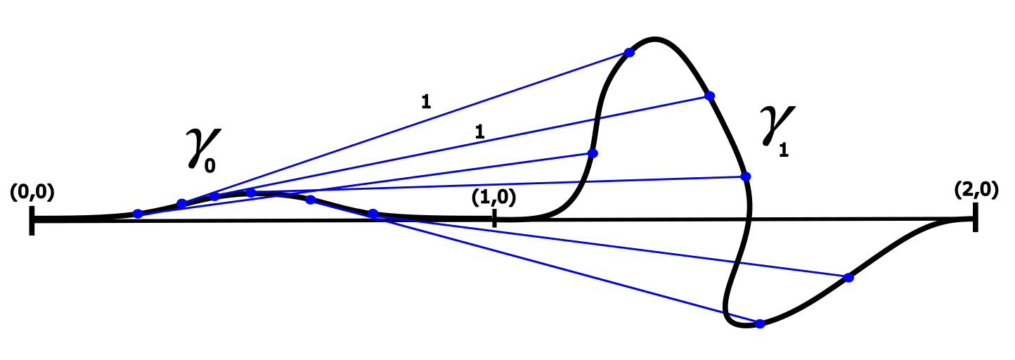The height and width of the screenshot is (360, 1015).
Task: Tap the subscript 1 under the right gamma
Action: click(783, 150)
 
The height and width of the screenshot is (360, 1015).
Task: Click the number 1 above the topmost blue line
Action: click(425, 101)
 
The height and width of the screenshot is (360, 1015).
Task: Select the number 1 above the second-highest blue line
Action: click(479, 131)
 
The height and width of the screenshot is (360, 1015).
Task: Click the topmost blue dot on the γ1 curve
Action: click(629, 53)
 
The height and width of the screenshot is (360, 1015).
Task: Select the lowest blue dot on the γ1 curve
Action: click(759, 323)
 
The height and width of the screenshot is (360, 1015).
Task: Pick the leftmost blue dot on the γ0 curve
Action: click(138, 214)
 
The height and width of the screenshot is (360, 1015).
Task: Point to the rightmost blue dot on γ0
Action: click(373, 213)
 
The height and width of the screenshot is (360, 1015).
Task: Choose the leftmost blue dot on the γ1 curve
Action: click(592, 153)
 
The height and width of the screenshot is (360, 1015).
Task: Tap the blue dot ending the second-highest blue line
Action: click(709, 96)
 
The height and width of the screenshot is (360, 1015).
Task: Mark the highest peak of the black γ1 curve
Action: click(654, 39)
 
